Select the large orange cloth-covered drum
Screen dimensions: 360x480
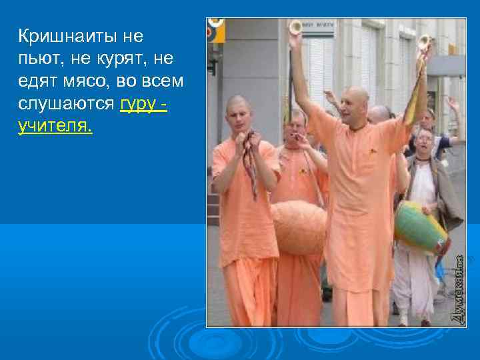tap(298, 227)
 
